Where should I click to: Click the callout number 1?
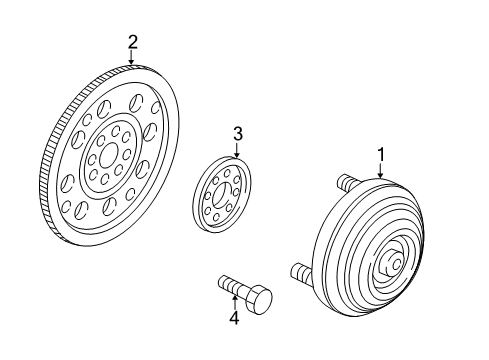381,155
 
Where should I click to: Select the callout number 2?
132,42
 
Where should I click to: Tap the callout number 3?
238,134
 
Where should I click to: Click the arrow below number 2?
132,57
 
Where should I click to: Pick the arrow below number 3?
237,150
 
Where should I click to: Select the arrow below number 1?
380,170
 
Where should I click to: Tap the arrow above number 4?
235,302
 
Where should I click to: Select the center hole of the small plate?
221,194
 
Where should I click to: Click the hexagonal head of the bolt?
259,300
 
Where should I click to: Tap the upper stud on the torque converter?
349,183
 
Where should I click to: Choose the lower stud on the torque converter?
302,271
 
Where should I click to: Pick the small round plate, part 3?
222,194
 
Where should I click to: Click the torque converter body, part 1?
368,248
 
